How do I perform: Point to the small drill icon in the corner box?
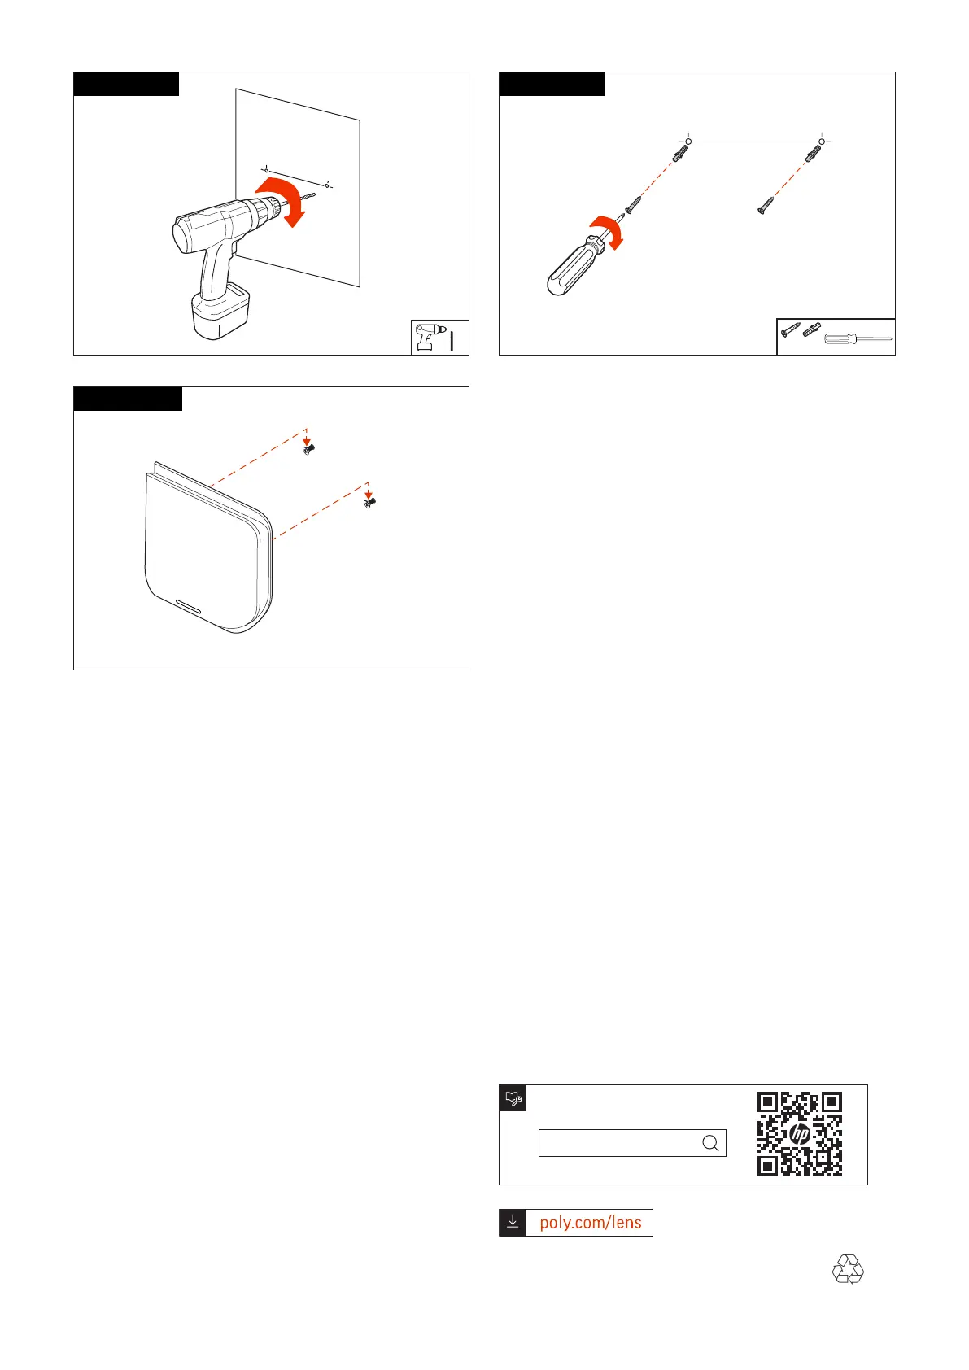427,337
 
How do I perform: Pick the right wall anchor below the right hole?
812,153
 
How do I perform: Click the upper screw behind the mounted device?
308,448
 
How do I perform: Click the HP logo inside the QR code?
800,1134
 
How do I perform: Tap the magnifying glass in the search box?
710,1143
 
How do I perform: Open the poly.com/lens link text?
591,1223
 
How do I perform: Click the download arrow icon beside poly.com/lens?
513,1223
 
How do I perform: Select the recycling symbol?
848,1269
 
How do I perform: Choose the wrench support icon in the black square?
513,1098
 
